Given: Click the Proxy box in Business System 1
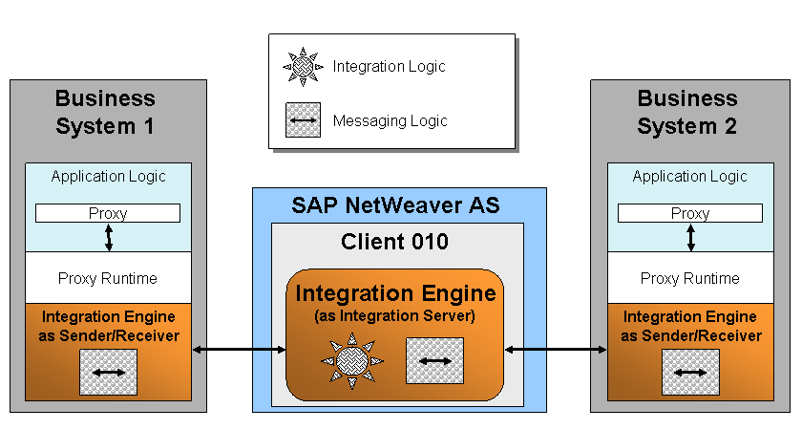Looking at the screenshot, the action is click(x=107, y=213).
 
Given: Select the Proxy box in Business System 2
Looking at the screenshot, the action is click(x=690, y=213).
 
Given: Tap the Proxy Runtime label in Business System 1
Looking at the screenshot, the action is click(x=107, y=278).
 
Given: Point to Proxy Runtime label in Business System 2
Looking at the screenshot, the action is click(x=690, y=278).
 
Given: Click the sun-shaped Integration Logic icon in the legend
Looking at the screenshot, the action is click(x=303, y=67).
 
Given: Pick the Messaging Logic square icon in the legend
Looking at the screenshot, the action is click(x=303, y=119).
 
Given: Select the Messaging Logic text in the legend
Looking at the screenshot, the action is click(x=390, y=120).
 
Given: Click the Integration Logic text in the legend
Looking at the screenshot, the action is click(x=389, y=67).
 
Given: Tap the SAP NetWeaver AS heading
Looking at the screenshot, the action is click(x=395, y=205).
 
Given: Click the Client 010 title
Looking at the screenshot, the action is click(x=394, y=242).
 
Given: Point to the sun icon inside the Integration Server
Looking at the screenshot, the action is click(x=352, y=360).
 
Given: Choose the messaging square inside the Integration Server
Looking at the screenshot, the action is click(x=434, y=360).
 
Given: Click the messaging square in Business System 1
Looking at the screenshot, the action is click(x=109, y=372).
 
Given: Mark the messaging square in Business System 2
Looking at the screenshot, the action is click(x=690, y=372).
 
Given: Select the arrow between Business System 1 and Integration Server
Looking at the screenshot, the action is click(x=239, y=350).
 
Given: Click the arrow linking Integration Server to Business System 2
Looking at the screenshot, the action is click(x=556, y=350).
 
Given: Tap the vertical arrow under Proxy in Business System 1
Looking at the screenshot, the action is click(x=109, y=238).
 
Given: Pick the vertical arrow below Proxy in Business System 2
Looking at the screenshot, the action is click(x=690, y=238).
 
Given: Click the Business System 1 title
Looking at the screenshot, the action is click(x=105, y=112).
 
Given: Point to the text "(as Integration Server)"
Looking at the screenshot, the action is click(x=394, y=316).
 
